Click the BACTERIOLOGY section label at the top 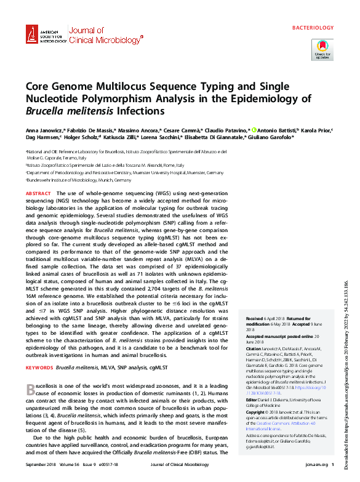coord(312,28)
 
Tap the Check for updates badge coord(323,49)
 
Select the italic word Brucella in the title coord(45,111)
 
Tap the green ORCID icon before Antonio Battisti coord(253,131)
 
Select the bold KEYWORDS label coord(39,368)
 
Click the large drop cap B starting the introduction coord(30,388)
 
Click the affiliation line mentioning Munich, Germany coord(79,180)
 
